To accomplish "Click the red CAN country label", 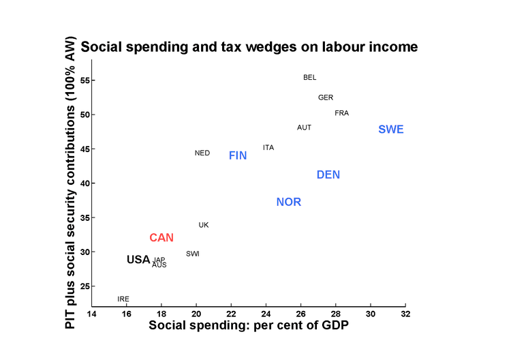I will click(x=161, y=238).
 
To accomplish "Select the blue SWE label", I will click(x=391, y=130).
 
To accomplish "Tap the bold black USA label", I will click(x=138, y=260).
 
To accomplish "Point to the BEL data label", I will click(x=310, y=78).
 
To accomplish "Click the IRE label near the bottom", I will click(x=123, y=299).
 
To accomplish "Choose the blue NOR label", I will click(x=288, y=202).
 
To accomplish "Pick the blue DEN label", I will click(x=328, y=175).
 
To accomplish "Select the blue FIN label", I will click(x=238, y=156).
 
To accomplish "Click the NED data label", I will click(x=202, y=153).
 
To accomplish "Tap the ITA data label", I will click(x=268, y=148).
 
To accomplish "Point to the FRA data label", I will click(x=342, y=113).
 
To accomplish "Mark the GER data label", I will click(x=326, y=97).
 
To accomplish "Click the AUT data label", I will click(x=305, y=127).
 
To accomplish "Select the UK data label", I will click(x=204, y=225).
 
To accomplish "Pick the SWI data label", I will click(x=193, y=254).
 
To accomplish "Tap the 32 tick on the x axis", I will click(x=405, y=314).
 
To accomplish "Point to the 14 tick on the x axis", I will click(x=92, y=314).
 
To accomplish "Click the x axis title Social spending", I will click(x=249, y=326).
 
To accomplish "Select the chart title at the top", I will click(x=249, y=48).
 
